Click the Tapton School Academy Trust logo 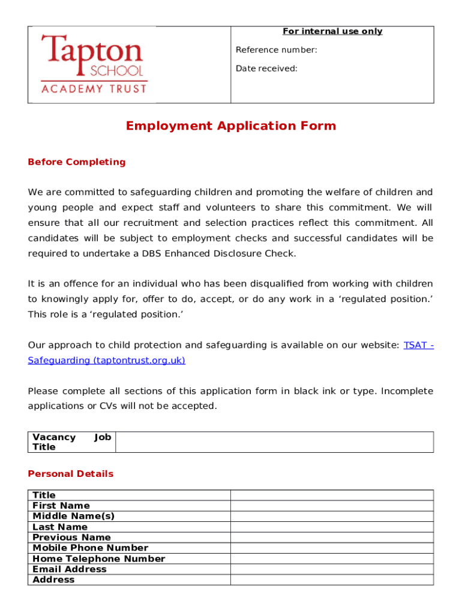pyautogui.click(x=93, y=64)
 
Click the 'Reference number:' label pyautogui.click(x=276, y=50)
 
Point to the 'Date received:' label pyautogui.click(x=266, y=68)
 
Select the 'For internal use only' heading pyautogui.click(x=332, y=31)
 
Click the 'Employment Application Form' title pyautogui.click(x=231, y=126)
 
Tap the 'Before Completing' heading pyautogui.click(x=77, y=162)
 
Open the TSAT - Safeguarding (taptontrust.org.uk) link pyautogui.click(x=107, y=360)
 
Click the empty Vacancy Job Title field pyautogui.click(x=274, y=442)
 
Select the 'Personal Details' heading pyautogui.click(x=70, y=474)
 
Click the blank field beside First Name pyautogui.click(x=332, y=506)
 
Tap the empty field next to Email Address pyautogui.click(x=332, y=569)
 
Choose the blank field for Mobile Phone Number pyautogui.click(x=332, y=548)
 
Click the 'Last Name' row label pyautogui.click(x=60, y=527)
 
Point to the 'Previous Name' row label pyautogui.click(x=71, y=538)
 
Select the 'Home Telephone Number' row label pyautogui.click(x=98, y=559)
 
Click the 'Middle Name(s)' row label pyautogui.click(x=73, y=517)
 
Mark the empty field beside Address pyautogui.click(x=332, y=580)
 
